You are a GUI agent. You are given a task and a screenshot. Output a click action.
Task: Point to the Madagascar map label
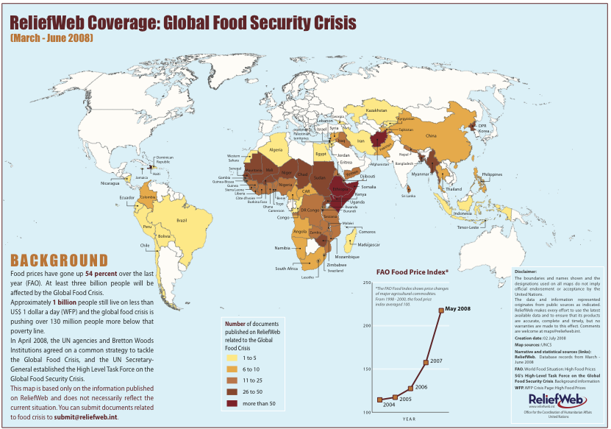(367, 244)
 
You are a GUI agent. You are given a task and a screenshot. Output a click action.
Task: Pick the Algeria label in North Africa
(276, 149)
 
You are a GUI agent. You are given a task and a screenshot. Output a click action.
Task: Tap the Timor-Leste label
(468, 227)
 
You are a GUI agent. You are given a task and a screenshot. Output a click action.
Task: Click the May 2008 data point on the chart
(441, 311)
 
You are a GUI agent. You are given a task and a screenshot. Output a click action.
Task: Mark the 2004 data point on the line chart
(380, 400)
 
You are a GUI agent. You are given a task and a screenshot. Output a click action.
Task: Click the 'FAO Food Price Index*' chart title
(412, 271)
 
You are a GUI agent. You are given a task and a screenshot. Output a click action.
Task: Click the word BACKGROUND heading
(59, 260)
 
